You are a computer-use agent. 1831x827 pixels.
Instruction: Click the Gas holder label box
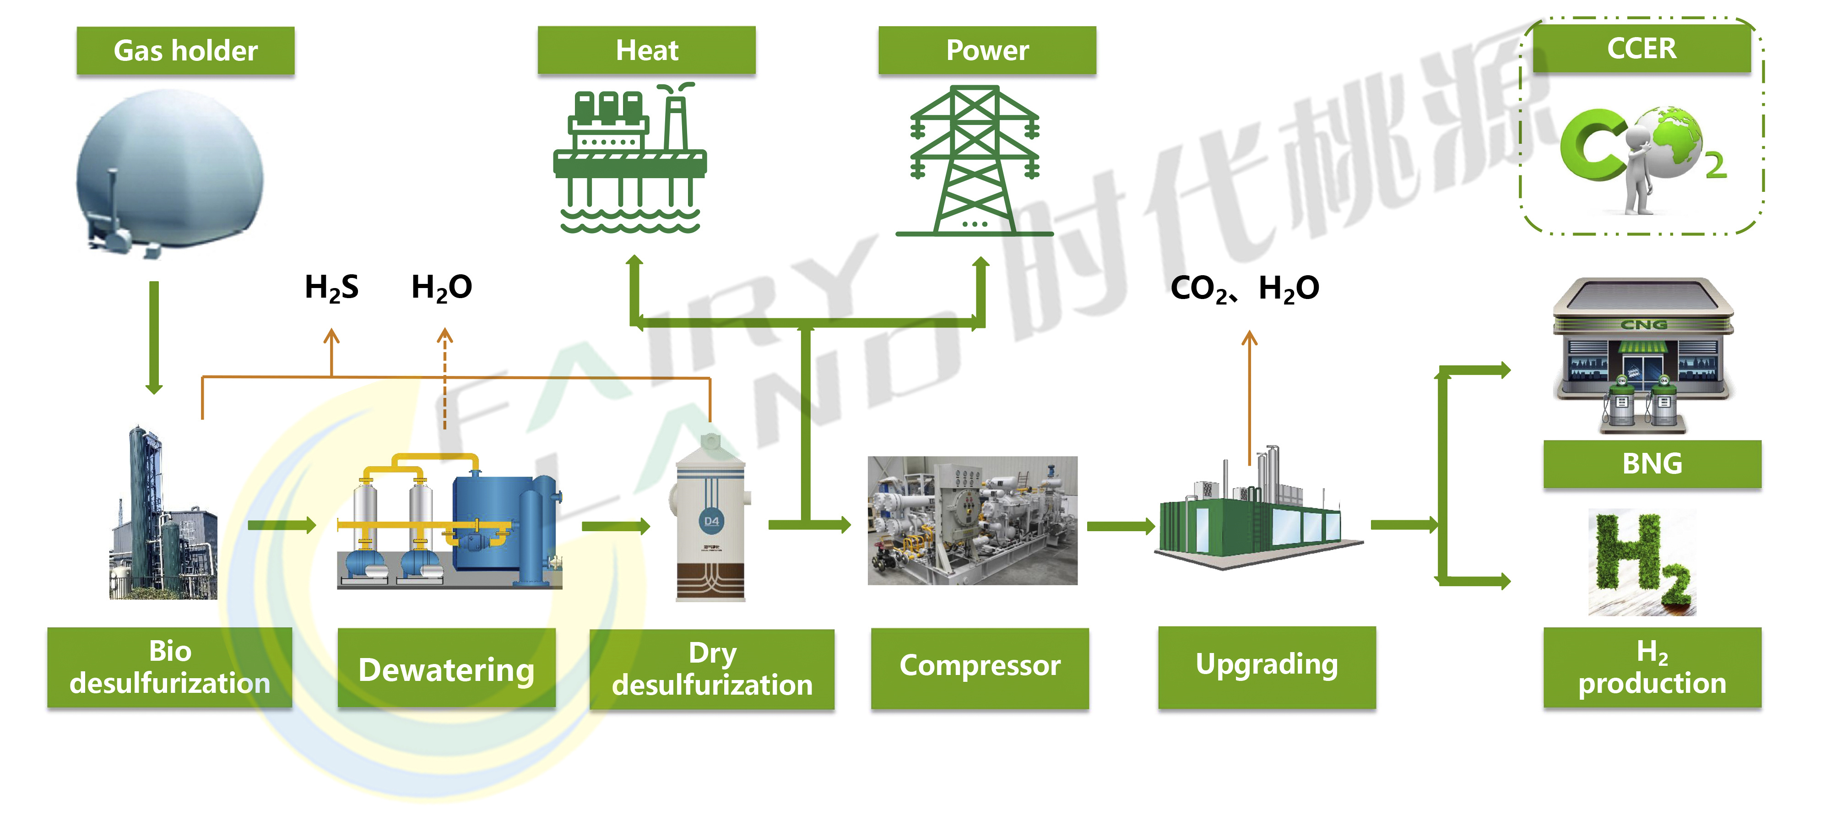point(185,50)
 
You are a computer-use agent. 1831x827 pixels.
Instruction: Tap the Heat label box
point(646,50)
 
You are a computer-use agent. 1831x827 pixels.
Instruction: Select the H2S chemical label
point(331,287)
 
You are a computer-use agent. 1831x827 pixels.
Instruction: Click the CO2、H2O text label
point(1244,288)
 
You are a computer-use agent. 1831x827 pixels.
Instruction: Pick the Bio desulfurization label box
point(170,667)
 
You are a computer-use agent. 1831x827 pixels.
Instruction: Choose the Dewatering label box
point(446,669)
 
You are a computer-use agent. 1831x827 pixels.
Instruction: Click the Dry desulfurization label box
point(711,669)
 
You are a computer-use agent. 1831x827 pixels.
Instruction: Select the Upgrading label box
point(1267,665)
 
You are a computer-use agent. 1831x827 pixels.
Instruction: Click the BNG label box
point(1652,463)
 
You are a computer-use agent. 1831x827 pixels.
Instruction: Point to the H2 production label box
point(1652,667)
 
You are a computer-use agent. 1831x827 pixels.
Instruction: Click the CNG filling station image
point(1643,355)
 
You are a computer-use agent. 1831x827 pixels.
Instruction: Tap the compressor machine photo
point(972,521)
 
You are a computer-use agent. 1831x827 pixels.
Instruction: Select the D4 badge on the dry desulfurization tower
point(711,521)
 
